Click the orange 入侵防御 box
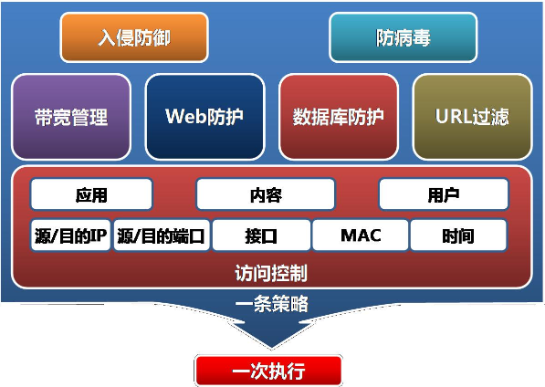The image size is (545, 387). click(134, 37)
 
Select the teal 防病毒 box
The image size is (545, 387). click(404, 37)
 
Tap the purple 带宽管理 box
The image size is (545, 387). click(71, 117)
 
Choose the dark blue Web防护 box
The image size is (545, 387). click(205, 117)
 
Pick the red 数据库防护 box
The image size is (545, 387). click(339, 117)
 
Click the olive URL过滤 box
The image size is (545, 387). click(472, 117)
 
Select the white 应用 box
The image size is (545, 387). click(91, 194)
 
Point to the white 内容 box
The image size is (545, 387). click(266, 194)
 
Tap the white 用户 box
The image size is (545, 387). click(444, 194)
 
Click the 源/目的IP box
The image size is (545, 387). click(70, 235)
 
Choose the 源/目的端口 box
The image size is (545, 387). click(162, 235)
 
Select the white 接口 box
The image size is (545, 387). click(261, 235)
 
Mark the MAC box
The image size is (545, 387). click(361, 235)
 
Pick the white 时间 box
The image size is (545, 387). click(458, 235)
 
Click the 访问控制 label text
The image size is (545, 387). click(271, 273)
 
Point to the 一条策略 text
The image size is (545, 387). click(272, 304)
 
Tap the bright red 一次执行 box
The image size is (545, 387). click(268, 371)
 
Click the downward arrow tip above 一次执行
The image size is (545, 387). click(271, 348)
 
